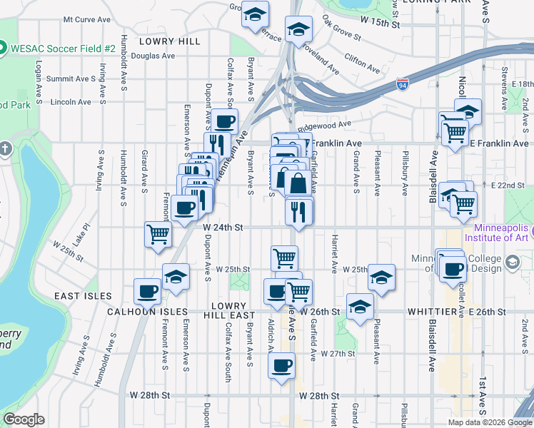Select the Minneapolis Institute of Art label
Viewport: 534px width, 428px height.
[498, 232]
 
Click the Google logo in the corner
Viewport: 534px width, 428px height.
[24, 419]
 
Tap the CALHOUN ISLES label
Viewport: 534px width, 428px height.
[147, 312]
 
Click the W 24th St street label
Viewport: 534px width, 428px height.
[223, 228]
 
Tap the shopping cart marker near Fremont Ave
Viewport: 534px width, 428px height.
[158, 234]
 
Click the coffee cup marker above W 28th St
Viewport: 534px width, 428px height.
[281, 367]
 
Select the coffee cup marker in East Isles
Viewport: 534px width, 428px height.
[148, 291]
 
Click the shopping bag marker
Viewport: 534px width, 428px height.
[299, 184]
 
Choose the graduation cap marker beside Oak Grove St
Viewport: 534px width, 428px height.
[298, 29]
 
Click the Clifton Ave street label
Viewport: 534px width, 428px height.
[361, 61]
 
